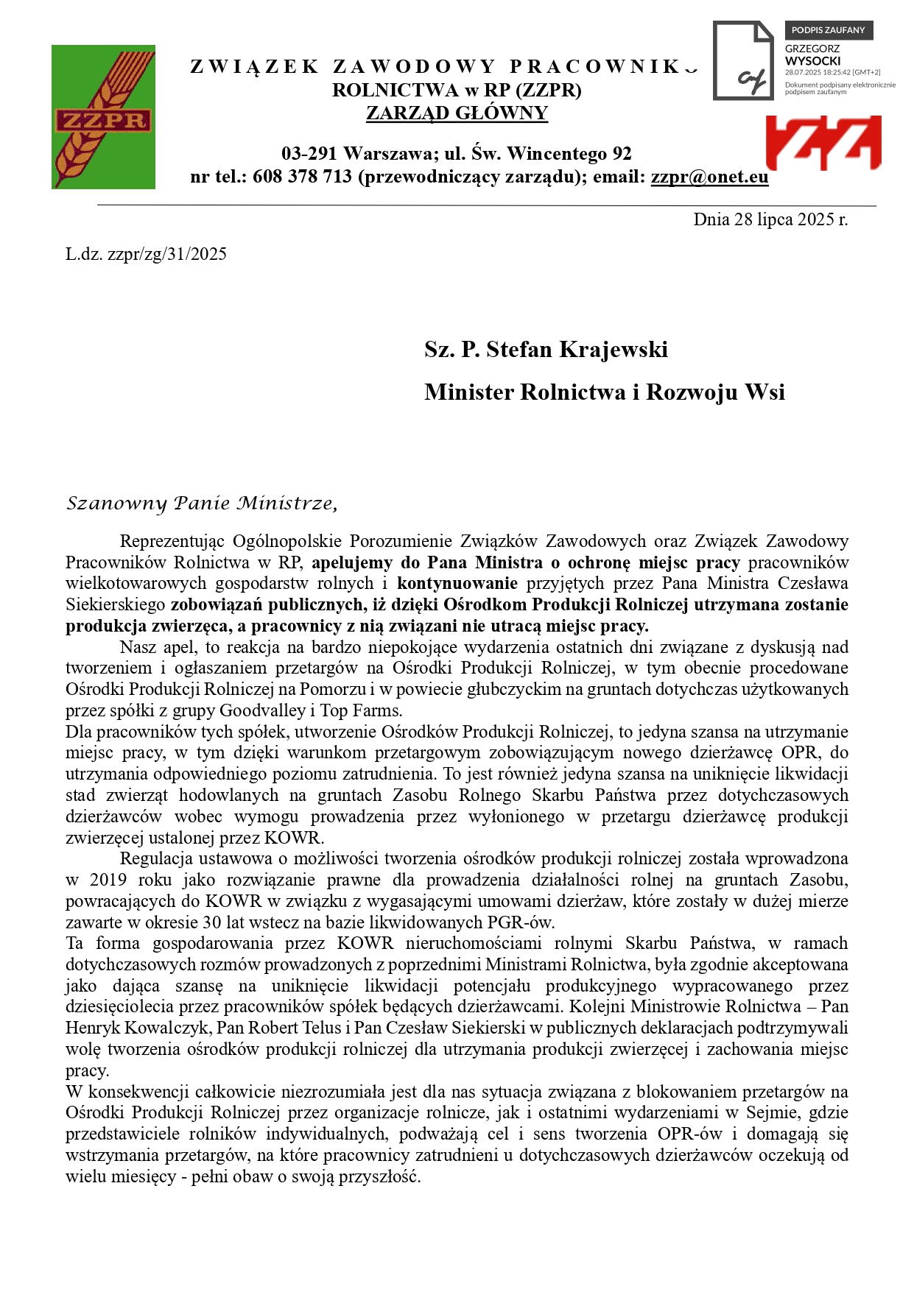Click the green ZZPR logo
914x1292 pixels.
click(103, 117)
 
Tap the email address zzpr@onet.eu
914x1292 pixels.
click(709, 177)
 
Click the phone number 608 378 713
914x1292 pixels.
click(302, 177)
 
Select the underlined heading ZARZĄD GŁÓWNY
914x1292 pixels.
click(457, 113)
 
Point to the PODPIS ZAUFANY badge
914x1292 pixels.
click(828, 30)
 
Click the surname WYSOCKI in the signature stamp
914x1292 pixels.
click(812, 61)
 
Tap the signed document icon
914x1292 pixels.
click(743, 61)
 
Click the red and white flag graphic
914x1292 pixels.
click(823, 142)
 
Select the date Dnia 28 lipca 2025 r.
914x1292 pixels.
click(770, 219)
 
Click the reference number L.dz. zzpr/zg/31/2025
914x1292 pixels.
click(146, 255)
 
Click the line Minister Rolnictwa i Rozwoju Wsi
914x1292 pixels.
click(604, 392)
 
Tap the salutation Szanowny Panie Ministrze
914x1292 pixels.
click(202, 504)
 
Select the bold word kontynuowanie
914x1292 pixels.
click(457, 584)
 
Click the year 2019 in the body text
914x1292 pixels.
click(108, 880)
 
